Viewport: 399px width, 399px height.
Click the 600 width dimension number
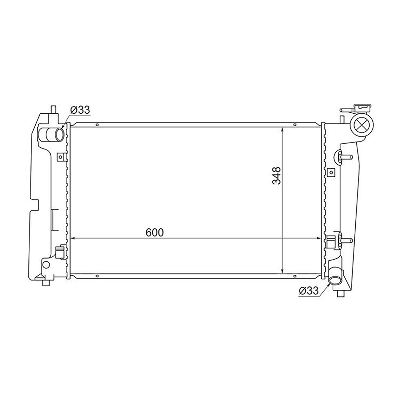tap(155, 232)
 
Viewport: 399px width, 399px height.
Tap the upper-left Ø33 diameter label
tap(80, 110)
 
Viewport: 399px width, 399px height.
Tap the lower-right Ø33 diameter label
tap(308, 291)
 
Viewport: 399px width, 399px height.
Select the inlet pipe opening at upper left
tap(59, 135)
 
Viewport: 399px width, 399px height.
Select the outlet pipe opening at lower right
tap(335, 280)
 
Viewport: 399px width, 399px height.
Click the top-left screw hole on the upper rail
tap(97, 125)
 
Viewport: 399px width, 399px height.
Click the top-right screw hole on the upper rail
tap(295, 125)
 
